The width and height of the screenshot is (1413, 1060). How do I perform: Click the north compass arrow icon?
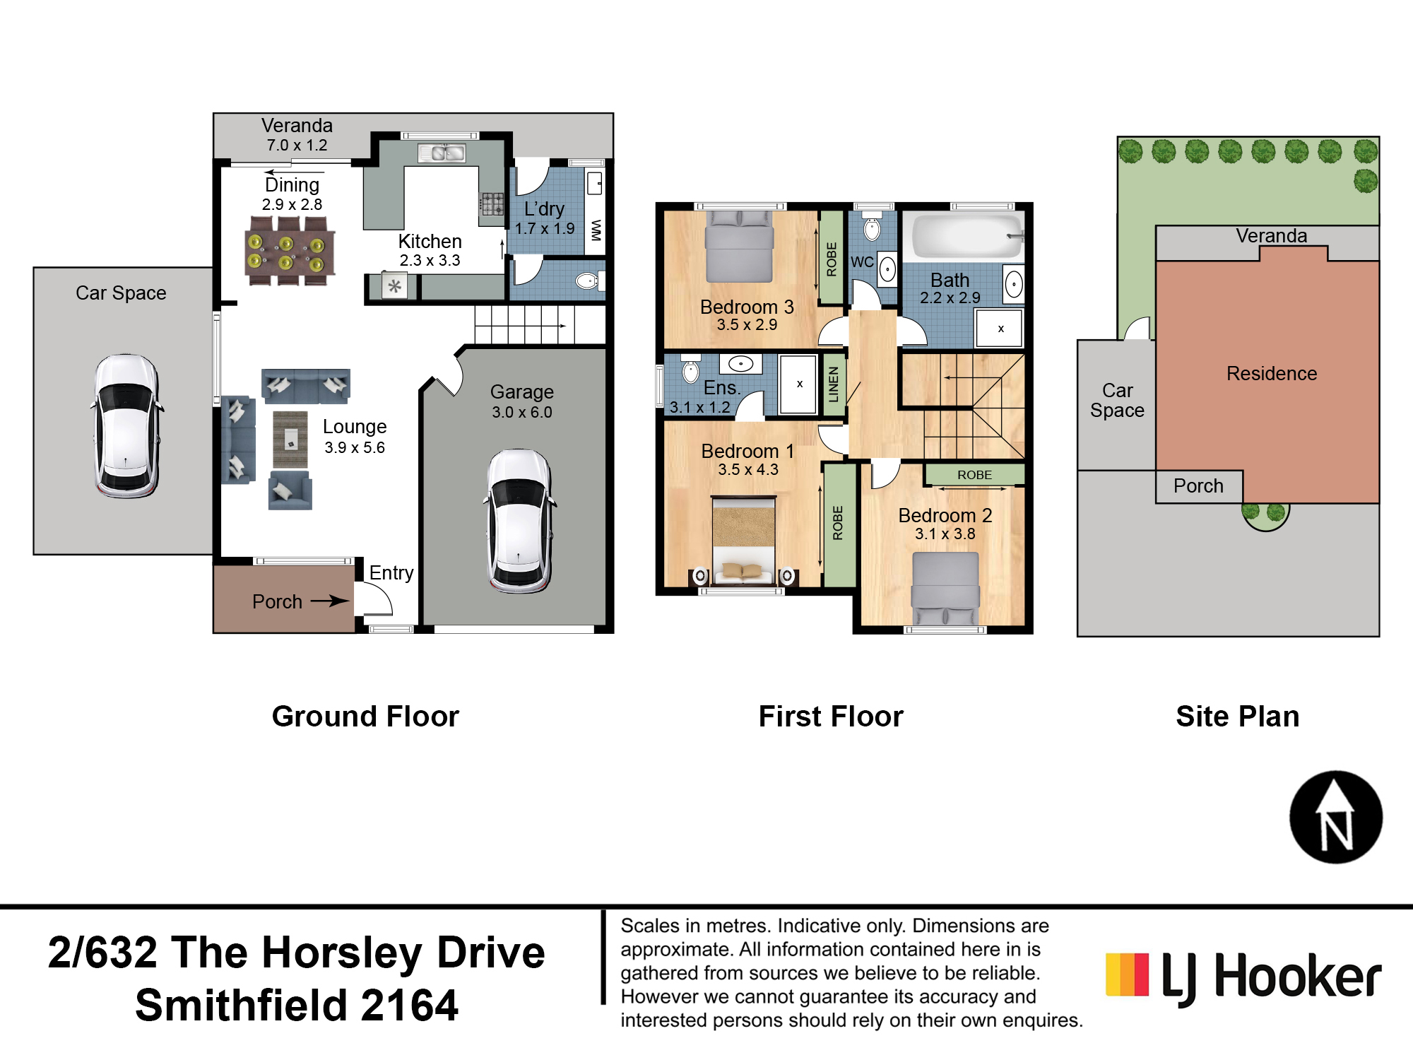(1335, 817)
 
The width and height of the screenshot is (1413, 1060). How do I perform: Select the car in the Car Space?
(127, 426)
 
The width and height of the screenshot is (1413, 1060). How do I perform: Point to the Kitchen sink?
(442, 153)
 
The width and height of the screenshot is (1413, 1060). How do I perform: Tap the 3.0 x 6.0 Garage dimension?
(522, 412)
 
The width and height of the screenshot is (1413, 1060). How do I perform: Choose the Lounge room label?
(355, 427)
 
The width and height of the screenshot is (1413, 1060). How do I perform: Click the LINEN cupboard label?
(834, 384)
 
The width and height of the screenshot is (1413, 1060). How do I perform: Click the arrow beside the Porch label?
(330, 601)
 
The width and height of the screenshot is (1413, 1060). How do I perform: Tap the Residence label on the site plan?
(1272, 373)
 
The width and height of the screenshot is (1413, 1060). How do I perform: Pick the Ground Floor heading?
(365, 717)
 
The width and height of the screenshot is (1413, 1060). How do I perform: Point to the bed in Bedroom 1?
(744, 541)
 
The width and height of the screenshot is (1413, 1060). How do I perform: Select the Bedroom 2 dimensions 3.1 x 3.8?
(945, 534)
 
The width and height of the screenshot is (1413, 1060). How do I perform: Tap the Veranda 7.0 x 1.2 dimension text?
(297, 146)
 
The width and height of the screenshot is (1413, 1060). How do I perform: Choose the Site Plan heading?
(1237, 717)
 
